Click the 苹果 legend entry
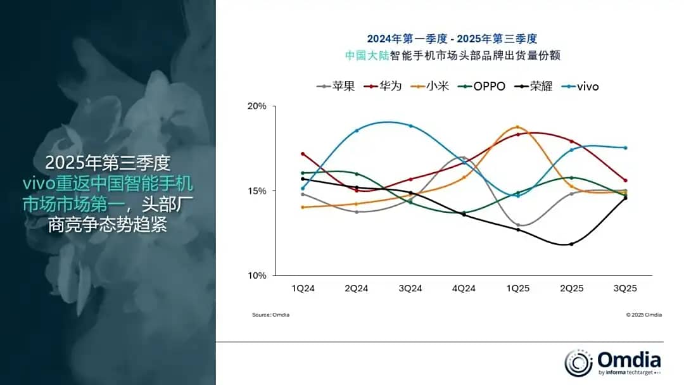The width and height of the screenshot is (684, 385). [336, 86]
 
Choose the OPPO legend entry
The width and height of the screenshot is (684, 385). [482, 86]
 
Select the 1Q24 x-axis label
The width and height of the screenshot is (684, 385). [303, 288]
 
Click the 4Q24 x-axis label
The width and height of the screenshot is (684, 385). [464, 288]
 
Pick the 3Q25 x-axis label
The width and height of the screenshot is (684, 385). [625, 288]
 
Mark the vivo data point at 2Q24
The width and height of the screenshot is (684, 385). [357, 130]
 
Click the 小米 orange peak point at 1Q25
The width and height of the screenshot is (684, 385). [517, 127]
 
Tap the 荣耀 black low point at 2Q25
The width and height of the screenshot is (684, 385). [571, 244]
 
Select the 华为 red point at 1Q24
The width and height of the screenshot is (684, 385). [303, 154]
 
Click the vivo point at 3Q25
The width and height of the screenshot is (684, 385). [625, 148]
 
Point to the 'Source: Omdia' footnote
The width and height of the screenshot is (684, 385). [270, 315]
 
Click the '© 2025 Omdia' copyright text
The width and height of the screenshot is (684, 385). [644, 315]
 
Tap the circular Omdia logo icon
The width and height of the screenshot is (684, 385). [578, 363]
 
